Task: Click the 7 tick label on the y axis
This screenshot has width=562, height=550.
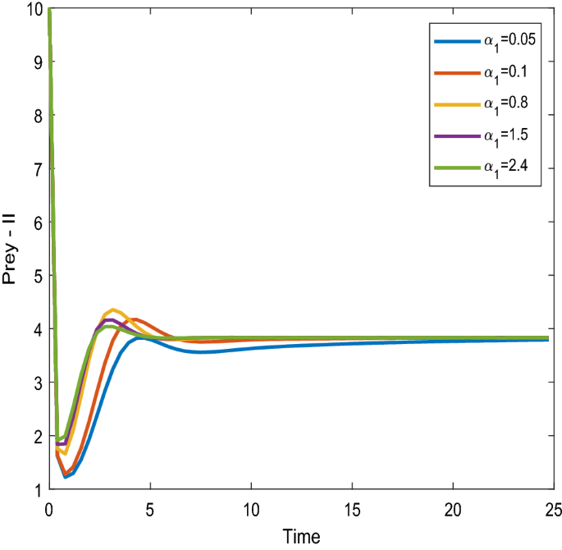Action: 36,168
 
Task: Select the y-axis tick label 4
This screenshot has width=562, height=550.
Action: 36,329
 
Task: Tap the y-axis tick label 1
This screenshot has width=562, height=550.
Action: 36,490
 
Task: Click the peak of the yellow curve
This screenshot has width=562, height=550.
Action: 113,309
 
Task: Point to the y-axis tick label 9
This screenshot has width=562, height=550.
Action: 36,62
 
